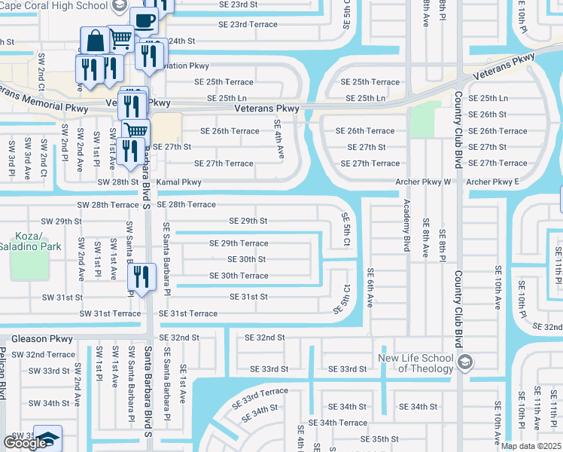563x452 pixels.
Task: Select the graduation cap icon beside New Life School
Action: [464, 362]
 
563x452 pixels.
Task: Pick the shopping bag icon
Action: [96, 41]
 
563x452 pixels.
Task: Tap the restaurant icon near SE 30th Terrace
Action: [140, 276]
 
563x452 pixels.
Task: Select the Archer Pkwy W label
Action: [425, 182]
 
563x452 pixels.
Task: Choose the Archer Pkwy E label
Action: [492, 182]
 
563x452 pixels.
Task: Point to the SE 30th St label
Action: [247, 259]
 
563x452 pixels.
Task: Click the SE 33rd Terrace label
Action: [260, 397]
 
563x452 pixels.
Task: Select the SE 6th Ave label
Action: [370, 287]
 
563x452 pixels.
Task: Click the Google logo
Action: [25, 443]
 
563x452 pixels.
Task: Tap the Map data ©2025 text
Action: [530, 446]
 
